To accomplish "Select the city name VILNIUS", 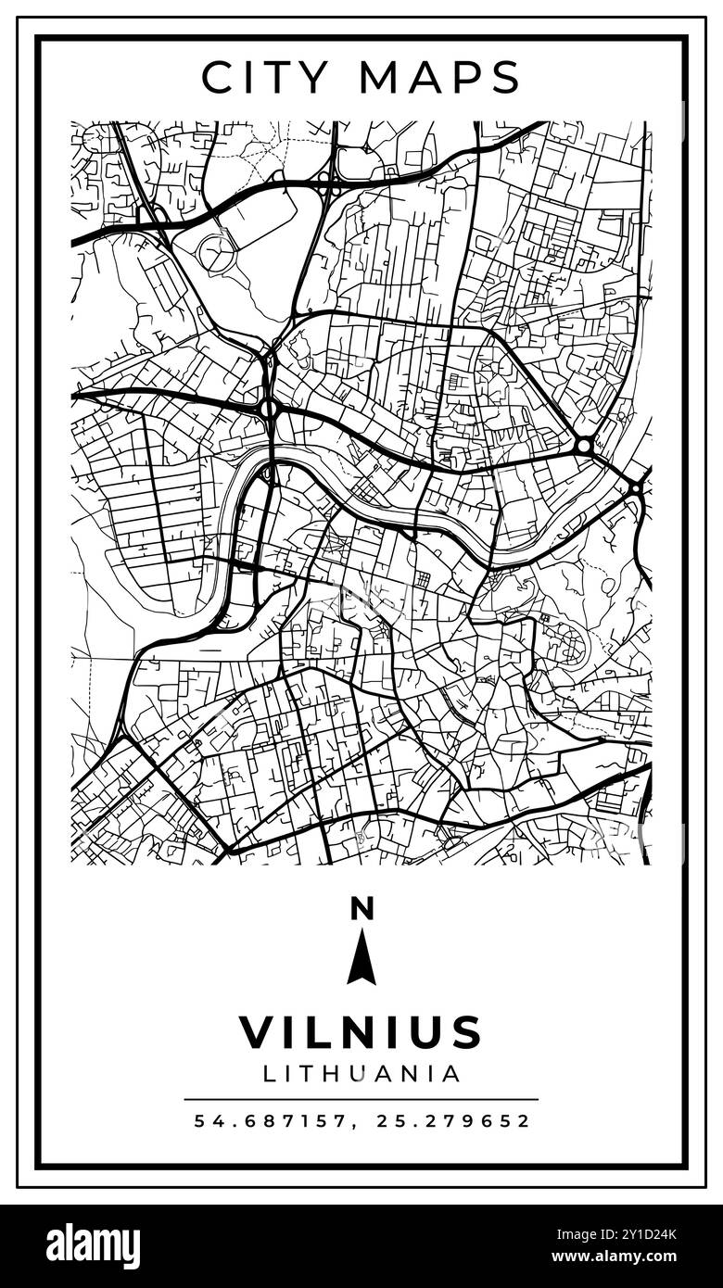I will click(361, 1032).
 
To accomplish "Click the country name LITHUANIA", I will click(361, 1073).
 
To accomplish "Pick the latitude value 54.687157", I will click(270, 1120).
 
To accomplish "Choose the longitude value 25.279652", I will click(453, 1120).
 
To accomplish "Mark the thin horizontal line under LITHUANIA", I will click(361, 1099).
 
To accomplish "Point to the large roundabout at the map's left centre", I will click(270, 408).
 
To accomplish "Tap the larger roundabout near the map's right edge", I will click(583, 447).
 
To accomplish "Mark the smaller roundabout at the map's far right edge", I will click(636, 486).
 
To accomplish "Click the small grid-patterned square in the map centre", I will click(423, 579).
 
